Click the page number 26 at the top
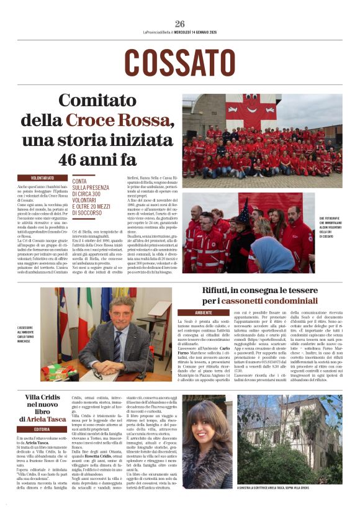pos(180,24)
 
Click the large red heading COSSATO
pos(180,63)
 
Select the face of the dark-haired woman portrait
pos(207,433)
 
